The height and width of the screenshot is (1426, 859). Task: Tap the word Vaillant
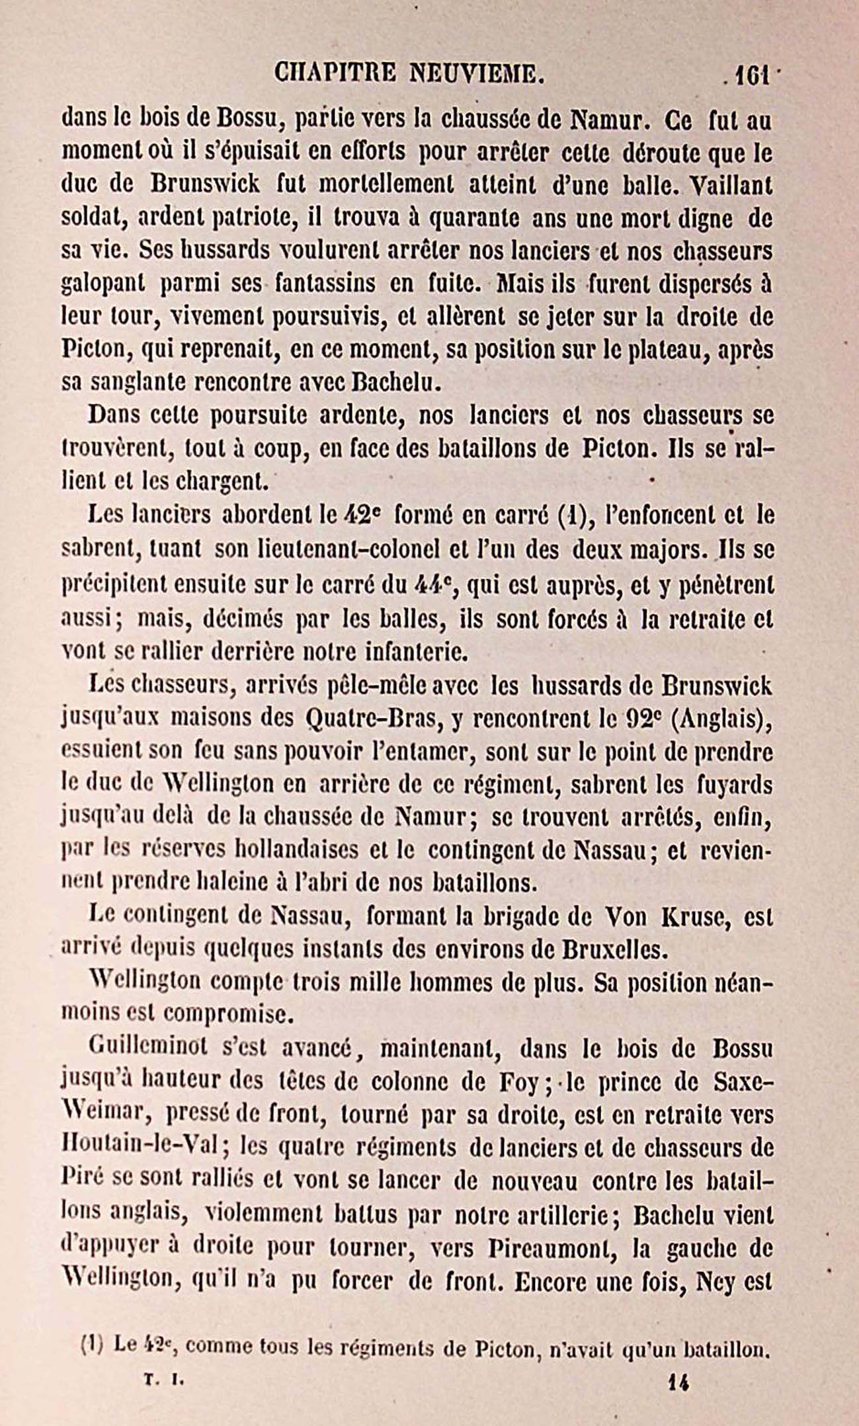(731, 186)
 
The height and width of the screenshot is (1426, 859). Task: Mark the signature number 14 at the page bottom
(678, 1381)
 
